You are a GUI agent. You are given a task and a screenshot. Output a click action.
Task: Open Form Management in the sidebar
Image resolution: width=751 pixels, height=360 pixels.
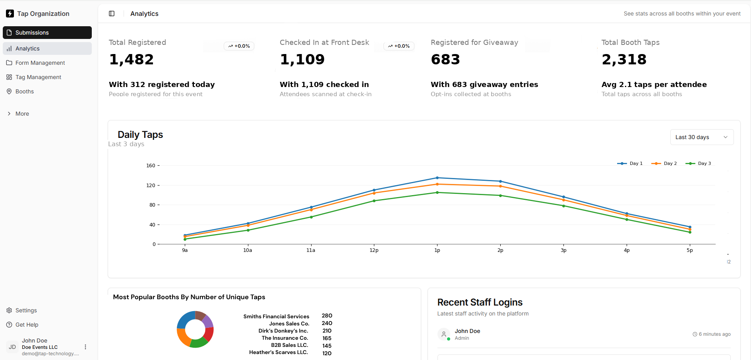pos(40,63)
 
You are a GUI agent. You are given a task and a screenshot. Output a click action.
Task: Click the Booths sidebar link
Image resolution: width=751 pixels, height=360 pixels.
pos(24,91)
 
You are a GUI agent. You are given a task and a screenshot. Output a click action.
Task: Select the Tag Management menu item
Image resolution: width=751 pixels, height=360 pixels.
pos(38,77)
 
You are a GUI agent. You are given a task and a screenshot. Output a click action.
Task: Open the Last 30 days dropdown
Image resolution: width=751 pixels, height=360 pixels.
pos(701,137)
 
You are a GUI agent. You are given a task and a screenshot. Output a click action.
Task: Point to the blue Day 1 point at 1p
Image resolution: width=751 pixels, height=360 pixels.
pos(437,178)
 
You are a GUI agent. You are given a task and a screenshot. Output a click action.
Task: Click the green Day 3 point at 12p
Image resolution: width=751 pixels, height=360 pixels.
pos(374,201)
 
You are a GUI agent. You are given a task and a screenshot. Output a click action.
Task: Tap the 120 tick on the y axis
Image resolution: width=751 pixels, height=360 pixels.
pos(151,186)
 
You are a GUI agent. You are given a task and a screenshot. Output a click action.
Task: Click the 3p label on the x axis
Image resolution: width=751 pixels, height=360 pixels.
pos(563,250)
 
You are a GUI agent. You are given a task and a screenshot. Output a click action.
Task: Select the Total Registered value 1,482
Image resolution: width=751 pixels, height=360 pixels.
pos(132,60)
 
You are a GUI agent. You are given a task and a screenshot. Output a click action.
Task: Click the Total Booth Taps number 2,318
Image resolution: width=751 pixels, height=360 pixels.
pos(624,60)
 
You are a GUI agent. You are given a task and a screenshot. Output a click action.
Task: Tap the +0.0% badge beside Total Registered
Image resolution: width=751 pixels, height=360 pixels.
pos(239,46)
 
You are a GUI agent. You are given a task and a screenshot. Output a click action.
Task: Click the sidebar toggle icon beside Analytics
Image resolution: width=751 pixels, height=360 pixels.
pos(112,14)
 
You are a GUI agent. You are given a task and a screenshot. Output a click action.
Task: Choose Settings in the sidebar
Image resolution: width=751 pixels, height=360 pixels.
pos(26,310)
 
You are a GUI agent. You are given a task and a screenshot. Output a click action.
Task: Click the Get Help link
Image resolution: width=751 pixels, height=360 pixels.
pos(27,325)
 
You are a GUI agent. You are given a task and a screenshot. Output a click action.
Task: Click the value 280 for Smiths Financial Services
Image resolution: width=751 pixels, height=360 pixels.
pos(327,315)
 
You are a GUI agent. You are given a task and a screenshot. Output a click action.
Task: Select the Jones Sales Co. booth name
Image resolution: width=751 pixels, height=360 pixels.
pos(289,323)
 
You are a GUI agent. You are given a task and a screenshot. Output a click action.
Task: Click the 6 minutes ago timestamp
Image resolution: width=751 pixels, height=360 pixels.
pos(714,334)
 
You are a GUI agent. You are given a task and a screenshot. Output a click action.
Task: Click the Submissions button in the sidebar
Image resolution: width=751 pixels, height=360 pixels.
pos(47,33)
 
